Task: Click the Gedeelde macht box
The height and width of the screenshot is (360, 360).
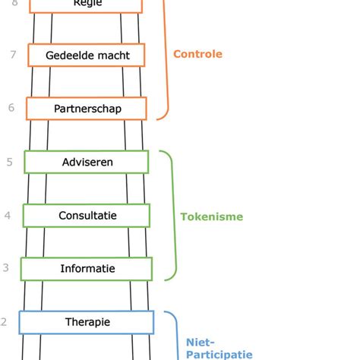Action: (87, 55)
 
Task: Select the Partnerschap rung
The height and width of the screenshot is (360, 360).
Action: (85, 109)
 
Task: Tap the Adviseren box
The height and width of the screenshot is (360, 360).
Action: (87, 162)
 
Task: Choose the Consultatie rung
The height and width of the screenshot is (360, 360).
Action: (87, 216)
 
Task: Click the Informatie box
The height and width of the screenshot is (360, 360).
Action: (87, 269)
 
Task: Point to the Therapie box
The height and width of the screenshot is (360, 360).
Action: (87, 322)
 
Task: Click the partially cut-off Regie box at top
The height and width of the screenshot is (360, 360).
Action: (86, 5)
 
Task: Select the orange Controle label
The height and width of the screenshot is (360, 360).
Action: (197, 54)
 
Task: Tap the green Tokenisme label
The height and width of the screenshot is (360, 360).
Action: (211, 216)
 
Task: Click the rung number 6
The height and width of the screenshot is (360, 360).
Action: (11, 108)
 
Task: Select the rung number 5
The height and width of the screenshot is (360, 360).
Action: (9, 162)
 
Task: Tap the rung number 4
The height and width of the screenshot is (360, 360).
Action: (8, 216)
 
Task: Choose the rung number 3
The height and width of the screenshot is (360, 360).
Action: (5, 268)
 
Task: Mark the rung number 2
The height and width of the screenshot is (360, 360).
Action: (4, 322)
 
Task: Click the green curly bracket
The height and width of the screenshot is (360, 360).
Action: (172, 216)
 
